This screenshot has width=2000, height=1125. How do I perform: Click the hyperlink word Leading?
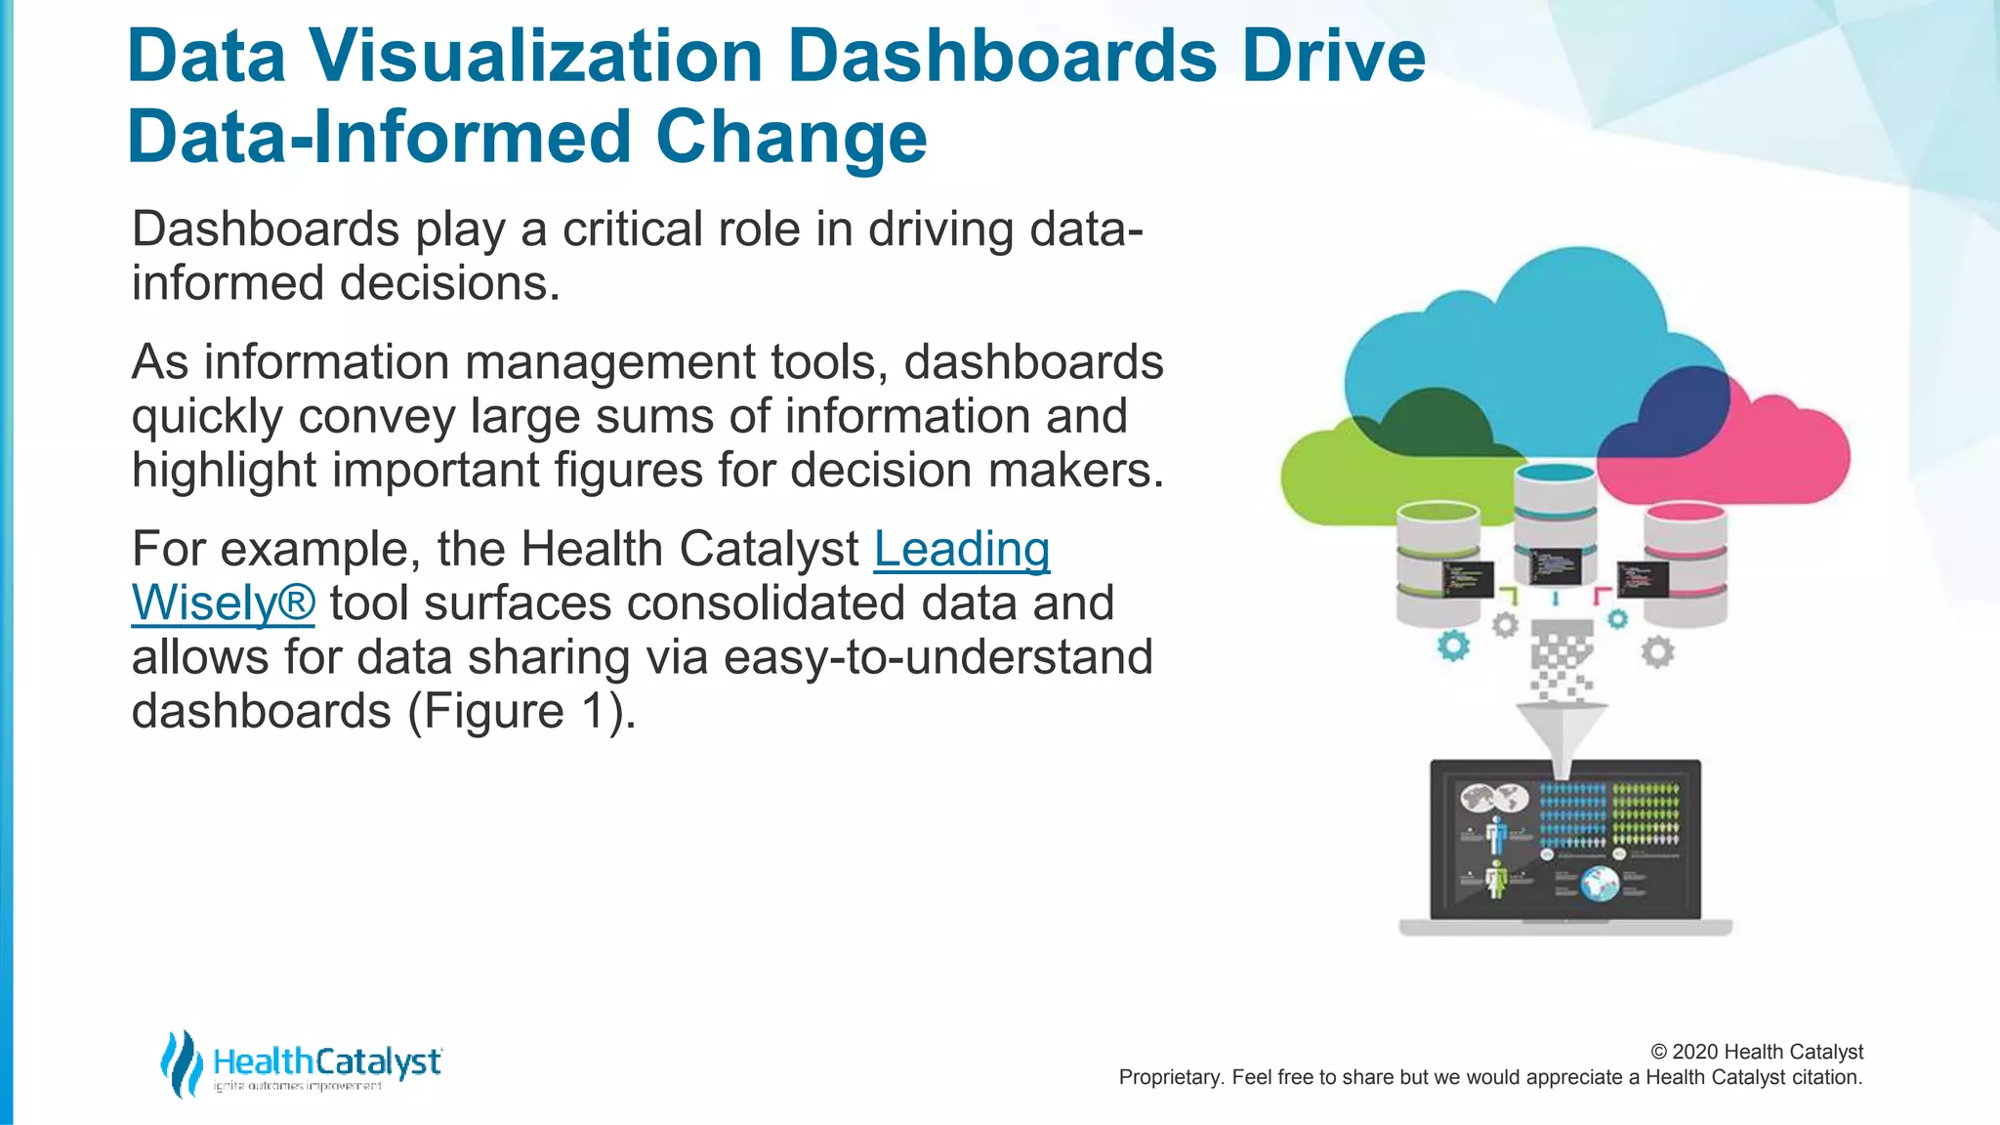coord(962,549)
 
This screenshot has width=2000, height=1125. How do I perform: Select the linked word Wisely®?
coord(223,604)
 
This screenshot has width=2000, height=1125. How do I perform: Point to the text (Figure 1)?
coord(521,711)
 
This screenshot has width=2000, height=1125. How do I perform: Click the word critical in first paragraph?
coord(632,230)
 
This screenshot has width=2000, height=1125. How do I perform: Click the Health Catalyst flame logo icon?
coord(182,1063)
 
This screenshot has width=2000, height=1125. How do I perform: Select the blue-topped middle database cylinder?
coord(1555,522)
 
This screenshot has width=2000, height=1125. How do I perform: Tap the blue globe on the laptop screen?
coord(1600,885)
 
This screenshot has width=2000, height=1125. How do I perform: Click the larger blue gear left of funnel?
coord(1453,646)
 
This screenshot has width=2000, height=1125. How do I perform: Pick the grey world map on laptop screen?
coord(1494,799)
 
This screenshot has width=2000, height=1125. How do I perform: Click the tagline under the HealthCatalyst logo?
coord(298,1086)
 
